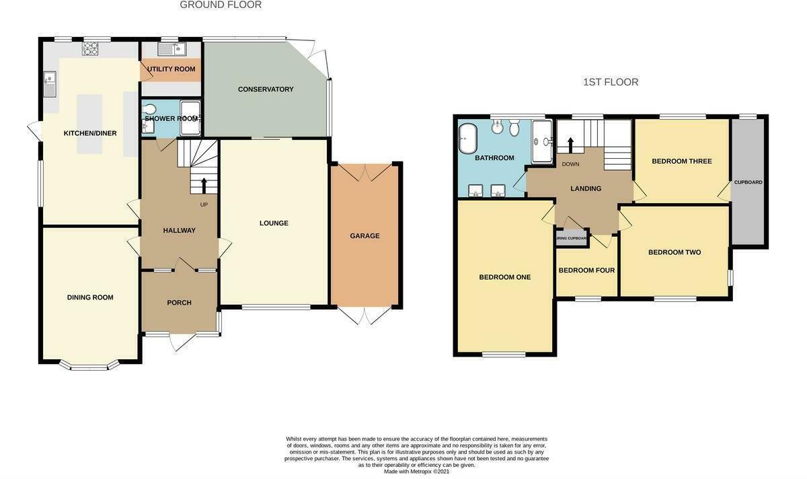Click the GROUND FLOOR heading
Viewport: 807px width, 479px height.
[221, 5]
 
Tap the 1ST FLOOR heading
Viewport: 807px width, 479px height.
[611, 82]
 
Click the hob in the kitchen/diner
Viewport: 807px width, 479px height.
[90, 48]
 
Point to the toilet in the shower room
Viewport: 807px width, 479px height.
[150, 110]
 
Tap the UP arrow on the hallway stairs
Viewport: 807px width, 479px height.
[204, 185]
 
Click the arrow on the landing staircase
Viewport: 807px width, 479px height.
[570, 145]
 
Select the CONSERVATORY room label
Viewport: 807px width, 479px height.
[266, 89]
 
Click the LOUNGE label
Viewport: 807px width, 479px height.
[274, 223]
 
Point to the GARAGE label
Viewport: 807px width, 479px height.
[364, 236]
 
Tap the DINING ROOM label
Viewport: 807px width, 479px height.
[90, 297]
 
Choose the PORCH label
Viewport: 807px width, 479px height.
[179, 303]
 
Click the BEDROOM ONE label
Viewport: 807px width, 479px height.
[504, 277]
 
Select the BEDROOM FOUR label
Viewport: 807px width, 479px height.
[586, 270]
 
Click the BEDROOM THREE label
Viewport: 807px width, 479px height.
[681, 161]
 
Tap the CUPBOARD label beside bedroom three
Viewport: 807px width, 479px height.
[748, 182]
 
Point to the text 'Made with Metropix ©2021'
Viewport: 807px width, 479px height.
[416, 472]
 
